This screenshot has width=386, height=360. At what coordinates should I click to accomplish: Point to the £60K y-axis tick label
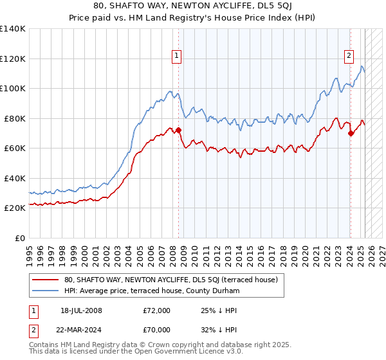click(15, 148)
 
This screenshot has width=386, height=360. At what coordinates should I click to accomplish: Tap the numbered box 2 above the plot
click(349, 56)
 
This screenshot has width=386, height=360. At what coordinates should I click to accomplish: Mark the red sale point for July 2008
click(178, 130)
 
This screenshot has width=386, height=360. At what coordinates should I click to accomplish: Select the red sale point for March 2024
click(351, 134)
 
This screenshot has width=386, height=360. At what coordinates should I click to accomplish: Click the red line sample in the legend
click(45, 280)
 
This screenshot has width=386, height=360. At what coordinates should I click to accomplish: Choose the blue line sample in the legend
click(45, 291)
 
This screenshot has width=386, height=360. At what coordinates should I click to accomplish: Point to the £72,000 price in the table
click(156, 310)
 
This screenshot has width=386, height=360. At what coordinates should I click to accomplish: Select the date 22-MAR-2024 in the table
click(80, 330)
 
